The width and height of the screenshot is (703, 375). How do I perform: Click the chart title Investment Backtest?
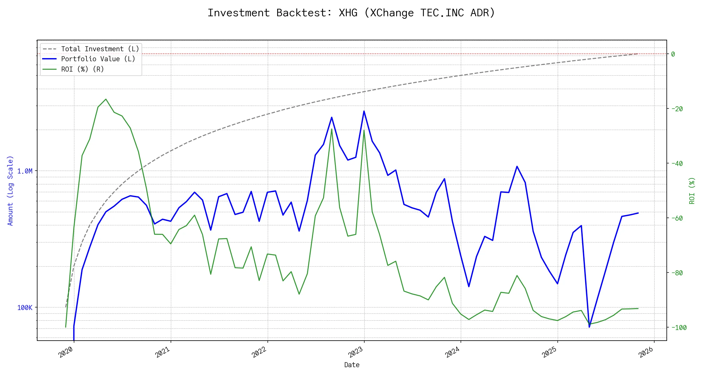(x=351, y=13)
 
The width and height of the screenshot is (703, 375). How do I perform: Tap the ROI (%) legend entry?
(x=82, y=69)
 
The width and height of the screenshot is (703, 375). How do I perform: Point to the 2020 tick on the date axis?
(x=66, y=352)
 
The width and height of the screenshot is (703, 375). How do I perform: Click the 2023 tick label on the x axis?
(x=356, y=352)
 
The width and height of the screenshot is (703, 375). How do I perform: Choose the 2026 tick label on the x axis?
(x=646, y=352)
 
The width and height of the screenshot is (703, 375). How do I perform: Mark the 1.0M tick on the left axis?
(x=25, y=171)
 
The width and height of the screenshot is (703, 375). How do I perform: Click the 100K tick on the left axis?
(x=25, y=308)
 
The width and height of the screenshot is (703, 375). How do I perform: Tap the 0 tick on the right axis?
(x=673, y=54)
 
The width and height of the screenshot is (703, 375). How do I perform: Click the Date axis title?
(x=351, y=365)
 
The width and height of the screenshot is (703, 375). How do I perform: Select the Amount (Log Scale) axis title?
(x=10, y=190)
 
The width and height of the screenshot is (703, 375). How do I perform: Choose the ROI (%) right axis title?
(x=692, y=190)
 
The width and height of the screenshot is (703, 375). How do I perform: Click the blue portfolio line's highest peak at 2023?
(x=364, y=111)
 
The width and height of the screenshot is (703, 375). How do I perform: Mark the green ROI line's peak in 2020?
(x=106, y=99)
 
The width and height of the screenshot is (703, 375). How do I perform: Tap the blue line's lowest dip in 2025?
(x=589, y=327)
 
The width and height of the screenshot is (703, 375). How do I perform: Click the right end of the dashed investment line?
(x=638, y=54)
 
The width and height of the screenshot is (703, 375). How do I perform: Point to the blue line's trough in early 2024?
(x=469, y=286)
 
